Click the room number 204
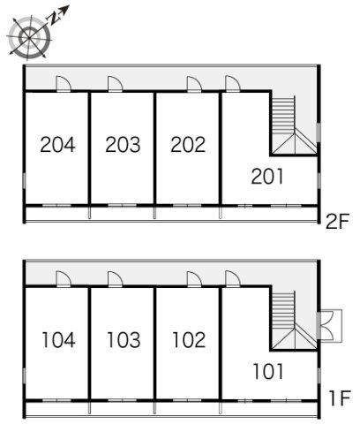pyautogui.click(x=57, y=145)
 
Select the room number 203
pyautogui.click(x=123, y=145)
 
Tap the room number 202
pyautogui.click(x=188, y=145)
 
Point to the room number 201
pyautogui.click(x=267, y=177)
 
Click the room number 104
pyautogui.click(x=58, y=340)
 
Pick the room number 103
pyautogui.click(x=124, y=340)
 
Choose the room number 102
pyautogui.click(x=189, y=340)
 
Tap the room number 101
pyautogui.click(x=268, y=371)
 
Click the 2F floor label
pyautogui.click(x=337, y=222)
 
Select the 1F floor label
pyautogui.click(x=340, y=398)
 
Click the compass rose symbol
pyautogui.click(x=29, y=38)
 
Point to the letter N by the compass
pyautogui.click(x=54, y=19)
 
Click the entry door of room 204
pyautogui.click(x=64, y=84)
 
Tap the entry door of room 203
pyautogui.click(x=115, y=84)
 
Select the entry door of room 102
pyautogui.click(x=194, y=279)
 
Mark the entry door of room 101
pyautogui.click(x=233, y=279)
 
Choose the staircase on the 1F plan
pyautogui.click(x=294, y=320)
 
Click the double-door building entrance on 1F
pyautogui.click(x=330, y=326)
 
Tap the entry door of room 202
pyautogui.click(x=194, y=84)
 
